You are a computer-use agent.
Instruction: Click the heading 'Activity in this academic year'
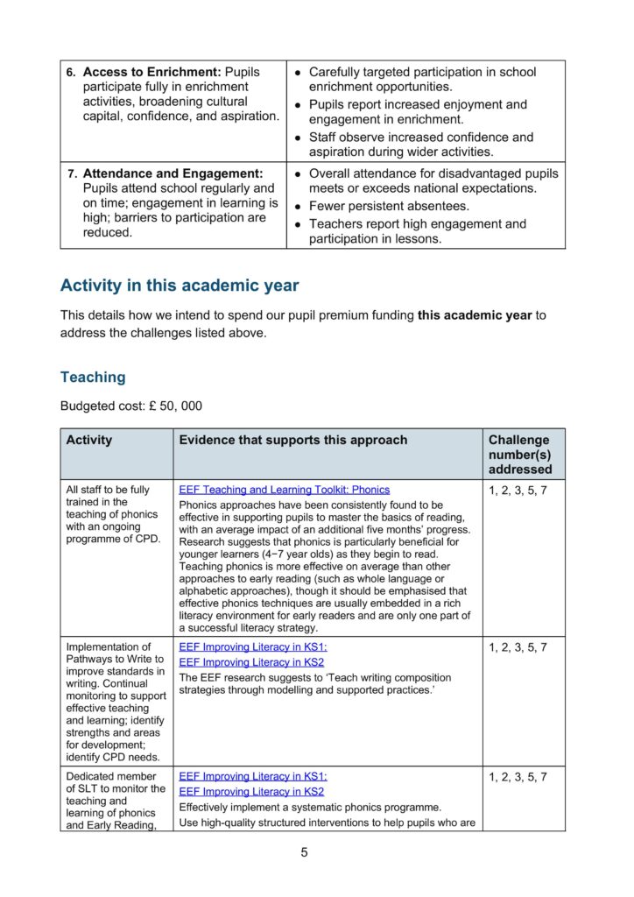(x=180, y=286)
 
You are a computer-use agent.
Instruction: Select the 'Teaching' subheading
(x=93, y=377)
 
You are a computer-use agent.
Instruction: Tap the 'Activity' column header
(x=89, y=440)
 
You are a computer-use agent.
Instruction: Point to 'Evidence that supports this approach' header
(x=293, y=440)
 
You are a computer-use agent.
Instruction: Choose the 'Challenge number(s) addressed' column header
(x=520, y=454)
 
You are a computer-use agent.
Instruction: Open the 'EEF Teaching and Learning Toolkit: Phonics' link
(x=285, y=490)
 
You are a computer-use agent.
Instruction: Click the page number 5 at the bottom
(x=304, y=852)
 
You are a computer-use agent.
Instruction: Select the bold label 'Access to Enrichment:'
(x=151, y=72)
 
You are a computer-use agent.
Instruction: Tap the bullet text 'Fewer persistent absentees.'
(x=389, y=207)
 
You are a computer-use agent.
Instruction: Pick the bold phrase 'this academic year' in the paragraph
(x=475, y=315)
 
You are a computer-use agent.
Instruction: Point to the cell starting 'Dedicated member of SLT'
(x=115, y=800)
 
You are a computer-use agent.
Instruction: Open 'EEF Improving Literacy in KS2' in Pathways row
(x=252, y=662)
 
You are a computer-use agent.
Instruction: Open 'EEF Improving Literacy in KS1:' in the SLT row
(x=253, y=776)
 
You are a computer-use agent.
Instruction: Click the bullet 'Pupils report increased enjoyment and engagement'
(x=418, y=112)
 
